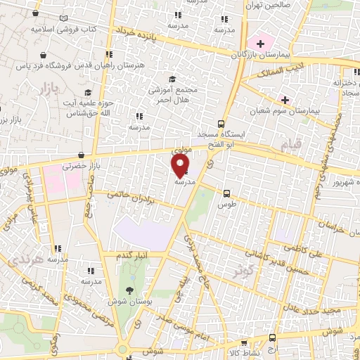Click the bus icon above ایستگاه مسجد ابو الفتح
[x=221, y=123]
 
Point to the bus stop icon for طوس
[x=226, y=193]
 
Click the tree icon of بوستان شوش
[x=129, y=290]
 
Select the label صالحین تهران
[x=264, y=4]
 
